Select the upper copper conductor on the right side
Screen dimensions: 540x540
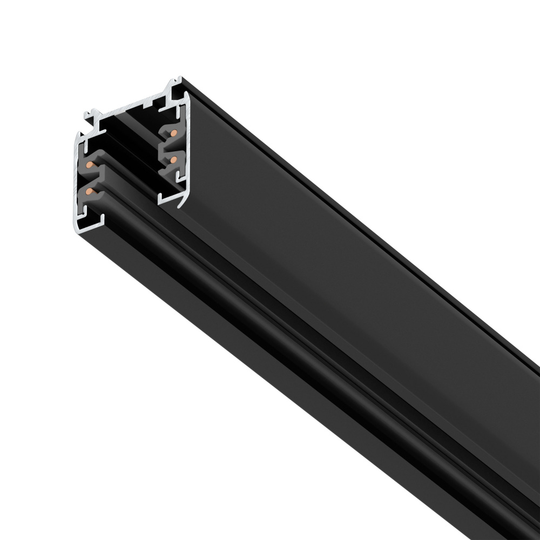pyautogui.click(x=173, y=133)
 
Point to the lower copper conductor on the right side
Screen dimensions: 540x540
pyautogui.click(x=173, y=159)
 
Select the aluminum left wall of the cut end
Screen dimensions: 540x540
pyautogui.click(x=77, y=184)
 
